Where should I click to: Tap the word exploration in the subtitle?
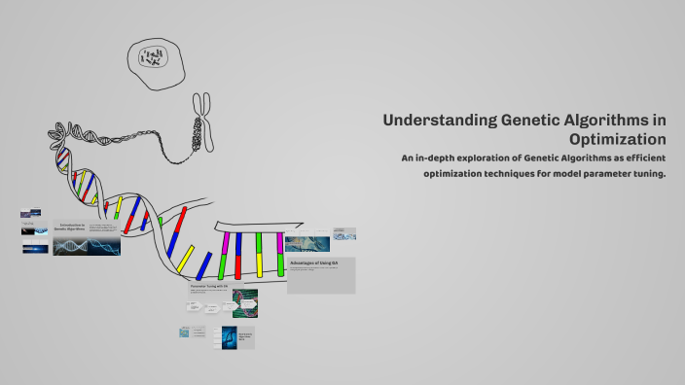(486, 157)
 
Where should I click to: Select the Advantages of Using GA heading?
(314, 263)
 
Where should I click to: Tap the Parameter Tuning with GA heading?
(208, 287)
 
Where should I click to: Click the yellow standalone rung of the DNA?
(119, 208)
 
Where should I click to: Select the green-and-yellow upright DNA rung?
(259, 255)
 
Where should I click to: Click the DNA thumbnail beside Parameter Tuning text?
(247, 304)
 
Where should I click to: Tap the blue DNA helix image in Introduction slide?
(87, 246)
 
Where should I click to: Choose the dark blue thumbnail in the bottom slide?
(230, 337)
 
